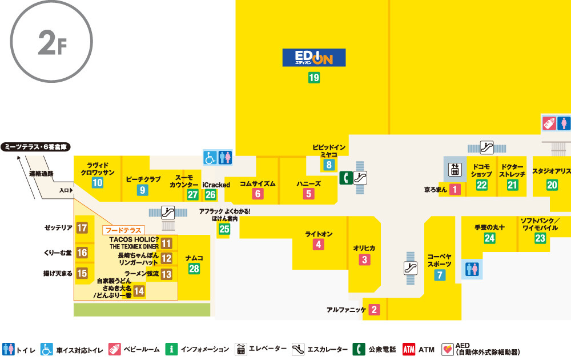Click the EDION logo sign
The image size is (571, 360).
(x=314, y=58)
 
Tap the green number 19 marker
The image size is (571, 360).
(x=314, y=78)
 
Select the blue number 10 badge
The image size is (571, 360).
(x=98, y=183)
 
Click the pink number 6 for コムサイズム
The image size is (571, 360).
(x=258, y=194)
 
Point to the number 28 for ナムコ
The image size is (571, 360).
(x=194, y=269)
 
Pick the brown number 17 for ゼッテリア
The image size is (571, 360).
(x=82, y=228)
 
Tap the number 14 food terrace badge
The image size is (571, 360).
(x=139, y=291)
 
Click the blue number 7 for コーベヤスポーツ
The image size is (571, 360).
(x=440, y=275)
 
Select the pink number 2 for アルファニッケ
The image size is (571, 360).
(x=374, y=310)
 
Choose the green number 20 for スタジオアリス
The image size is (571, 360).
(x=552, y=185)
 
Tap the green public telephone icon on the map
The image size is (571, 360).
(x=345, y=178)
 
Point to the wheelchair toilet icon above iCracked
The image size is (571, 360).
(x=210, y=157)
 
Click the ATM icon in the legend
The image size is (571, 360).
(x=409, y=349)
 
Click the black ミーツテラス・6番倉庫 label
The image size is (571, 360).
(x=35, y=147)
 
